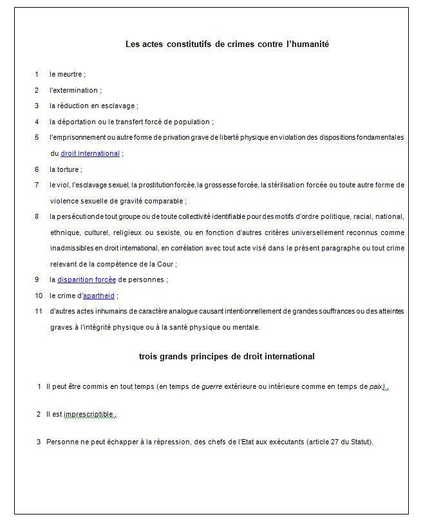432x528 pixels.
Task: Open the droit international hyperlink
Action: click(x=90, y=153)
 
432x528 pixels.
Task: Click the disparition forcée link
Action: click(x=86, y=279)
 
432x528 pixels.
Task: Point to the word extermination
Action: click(x=75, y=90)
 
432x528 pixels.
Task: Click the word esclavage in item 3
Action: click(x=118, y=106)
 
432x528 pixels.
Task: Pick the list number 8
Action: click(x=37, y=216)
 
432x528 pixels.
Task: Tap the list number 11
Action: click(x=39, y=311)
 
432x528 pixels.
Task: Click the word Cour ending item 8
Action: click(x=165, y=264)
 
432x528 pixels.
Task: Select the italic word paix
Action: click(x=377, y=386)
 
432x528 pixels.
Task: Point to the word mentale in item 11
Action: click(x=245, y=327)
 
